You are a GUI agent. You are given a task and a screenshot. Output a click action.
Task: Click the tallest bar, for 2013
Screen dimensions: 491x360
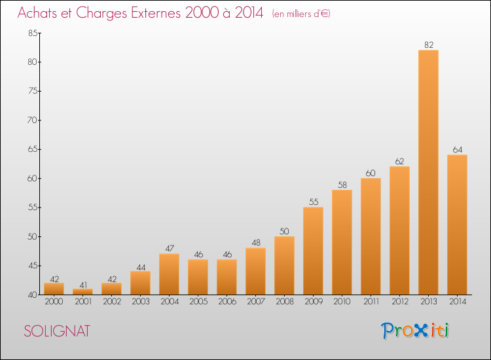click(428, 172)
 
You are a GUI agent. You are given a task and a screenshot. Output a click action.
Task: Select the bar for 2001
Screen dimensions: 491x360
click(82, 291)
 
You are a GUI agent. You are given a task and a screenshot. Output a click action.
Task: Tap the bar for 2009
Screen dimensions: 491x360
click(313, 251)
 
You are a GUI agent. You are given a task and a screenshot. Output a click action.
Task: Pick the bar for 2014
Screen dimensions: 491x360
click(457, 225)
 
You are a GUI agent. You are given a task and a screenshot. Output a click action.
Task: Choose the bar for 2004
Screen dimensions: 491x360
click(169, 274)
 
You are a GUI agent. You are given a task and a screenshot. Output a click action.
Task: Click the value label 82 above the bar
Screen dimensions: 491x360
click(429, 45)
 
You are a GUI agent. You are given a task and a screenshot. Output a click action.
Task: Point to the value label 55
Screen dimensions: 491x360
click(314, 202)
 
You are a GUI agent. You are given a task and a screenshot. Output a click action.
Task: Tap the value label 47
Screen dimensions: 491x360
click(170, 248)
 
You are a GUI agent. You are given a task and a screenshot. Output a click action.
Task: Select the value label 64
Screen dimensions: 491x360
click(458, 150)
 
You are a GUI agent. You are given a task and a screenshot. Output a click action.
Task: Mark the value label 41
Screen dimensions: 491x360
click(83, 285)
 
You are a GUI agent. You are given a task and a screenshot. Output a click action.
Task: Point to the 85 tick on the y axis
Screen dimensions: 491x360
click(33, 33)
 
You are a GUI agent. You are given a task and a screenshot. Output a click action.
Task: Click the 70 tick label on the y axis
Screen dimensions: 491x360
click(33, 120)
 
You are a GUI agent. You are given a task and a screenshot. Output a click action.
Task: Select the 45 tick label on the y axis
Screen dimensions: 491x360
click(33, 266)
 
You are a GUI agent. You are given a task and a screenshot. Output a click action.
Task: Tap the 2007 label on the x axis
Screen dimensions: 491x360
click(256, 302)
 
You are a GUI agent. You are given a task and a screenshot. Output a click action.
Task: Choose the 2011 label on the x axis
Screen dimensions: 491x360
click(371, 302)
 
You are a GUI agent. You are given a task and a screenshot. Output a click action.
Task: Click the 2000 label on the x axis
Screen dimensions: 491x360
click(54, 302)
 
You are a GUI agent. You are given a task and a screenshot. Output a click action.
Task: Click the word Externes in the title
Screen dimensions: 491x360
click(156, 13)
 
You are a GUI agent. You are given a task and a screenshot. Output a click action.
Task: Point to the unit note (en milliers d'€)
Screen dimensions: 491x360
click(301, 14)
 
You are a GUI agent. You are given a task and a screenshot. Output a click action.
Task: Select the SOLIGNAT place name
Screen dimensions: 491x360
click(57, 331)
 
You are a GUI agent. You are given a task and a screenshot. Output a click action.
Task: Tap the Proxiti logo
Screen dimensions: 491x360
click(415, 331)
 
